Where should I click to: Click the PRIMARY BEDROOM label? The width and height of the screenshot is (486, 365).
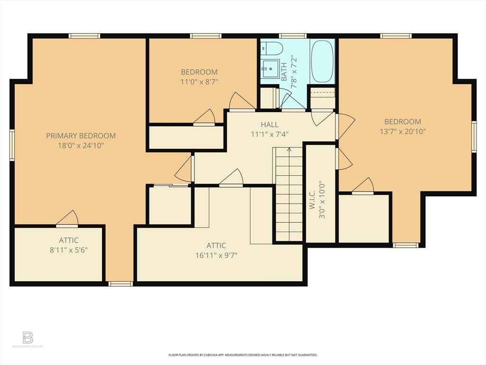(x=81, y=135)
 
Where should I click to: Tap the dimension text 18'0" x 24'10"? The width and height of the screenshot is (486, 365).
(x=81, y=145)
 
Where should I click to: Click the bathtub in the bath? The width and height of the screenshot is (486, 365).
(x=322, y=61)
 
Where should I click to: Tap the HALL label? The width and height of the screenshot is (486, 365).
(x=270, y=125)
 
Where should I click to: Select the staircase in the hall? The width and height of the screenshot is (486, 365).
(x=289, y=195)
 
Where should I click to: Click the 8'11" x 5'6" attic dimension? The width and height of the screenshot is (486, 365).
(x=68, y=250)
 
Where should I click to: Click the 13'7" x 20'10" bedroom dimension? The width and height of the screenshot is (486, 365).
(x=402, y=131)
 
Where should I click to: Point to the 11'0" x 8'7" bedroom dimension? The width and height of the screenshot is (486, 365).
(x=199, y=82)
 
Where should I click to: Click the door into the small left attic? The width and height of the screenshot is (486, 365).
(x=67, y=220)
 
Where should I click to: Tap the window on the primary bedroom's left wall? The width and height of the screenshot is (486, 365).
(x=12, y=145)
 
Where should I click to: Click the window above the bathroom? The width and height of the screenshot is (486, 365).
(x=292, y=36)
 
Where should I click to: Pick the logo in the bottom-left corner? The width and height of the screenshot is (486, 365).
(x=28, y=338)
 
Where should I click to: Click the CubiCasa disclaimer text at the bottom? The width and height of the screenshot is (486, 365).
(x=243, y=355)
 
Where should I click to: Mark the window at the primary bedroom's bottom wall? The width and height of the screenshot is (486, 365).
(x=120, y=284)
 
